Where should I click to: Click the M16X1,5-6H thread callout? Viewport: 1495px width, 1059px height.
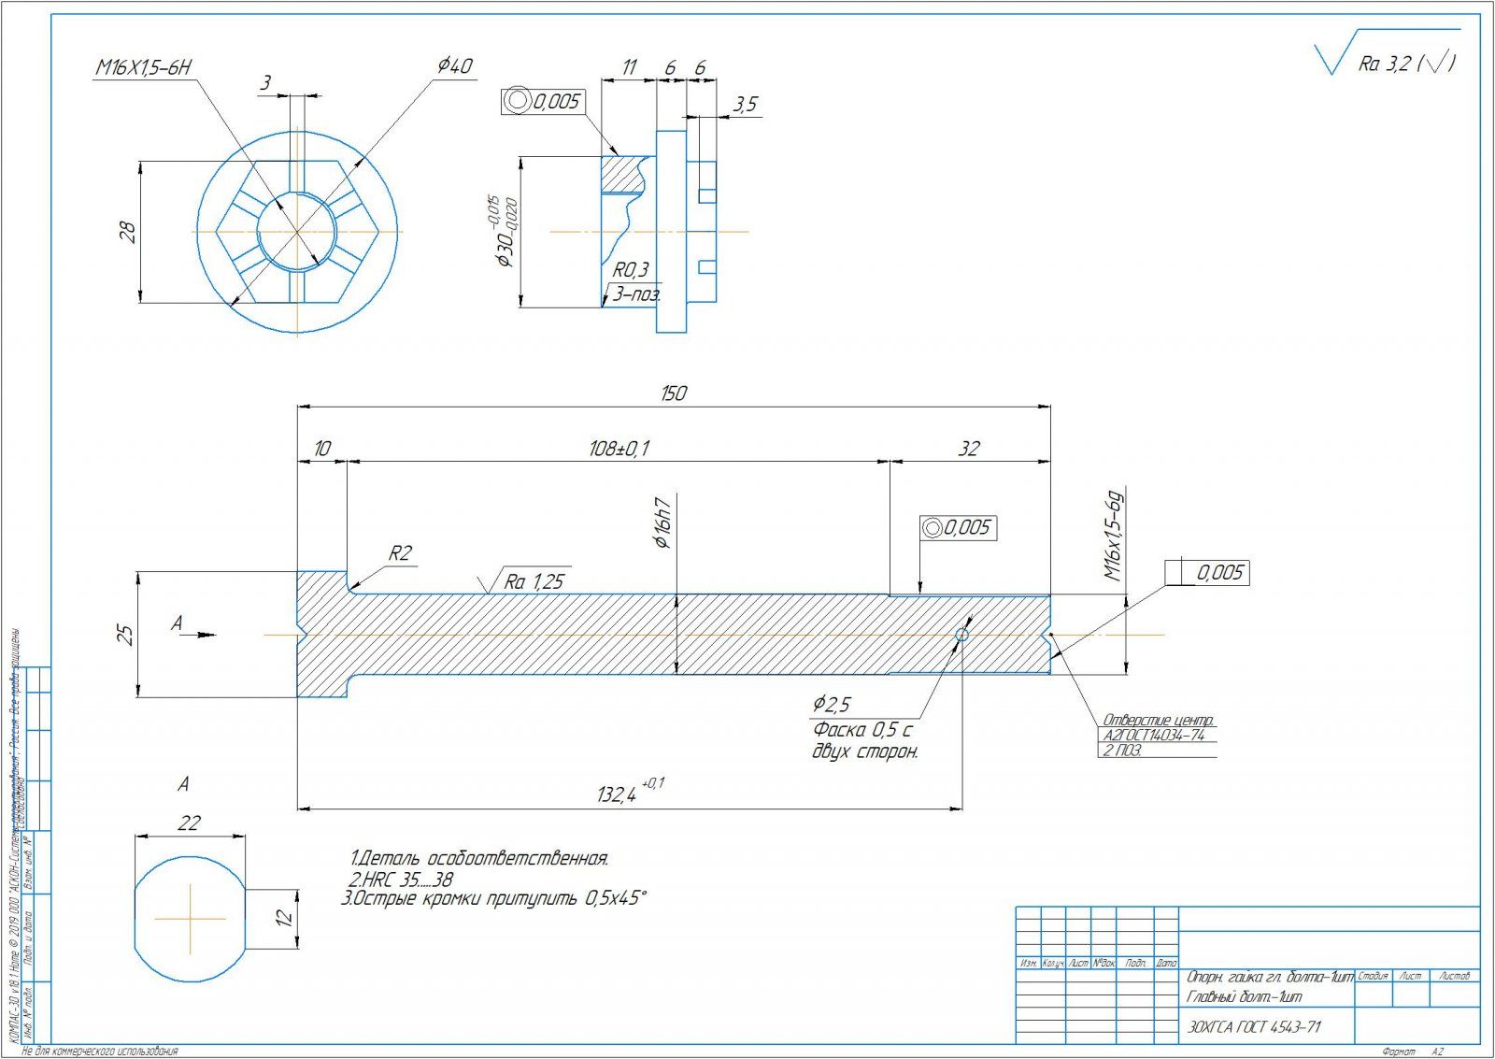144,67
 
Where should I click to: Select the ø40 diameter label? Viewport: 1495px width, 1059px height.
455,65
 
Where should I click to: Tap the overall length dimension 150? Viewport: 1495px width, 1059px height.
673,394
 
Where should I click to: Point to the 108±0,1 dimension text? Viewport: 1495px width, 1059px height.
619,449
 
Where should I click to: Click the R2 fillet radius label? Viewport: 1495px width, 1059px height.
400,553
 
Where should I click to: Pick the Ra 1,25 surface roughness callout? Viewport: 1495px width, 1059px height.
534,582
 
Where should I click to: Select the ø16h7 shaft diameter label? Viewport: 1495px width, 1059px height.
662,522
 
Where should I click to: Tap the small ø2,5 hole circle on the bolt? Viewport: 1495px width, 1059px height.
962,635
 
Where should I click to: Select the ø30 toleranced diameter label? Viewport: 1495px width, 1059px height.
505,233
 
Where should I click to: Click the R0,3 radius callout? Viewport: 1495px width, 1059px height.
631,270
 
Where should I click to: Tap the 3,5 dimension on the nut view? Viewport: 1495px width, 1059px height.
745,105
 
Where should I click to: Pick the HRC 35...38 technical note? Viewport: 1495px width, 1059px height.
401,880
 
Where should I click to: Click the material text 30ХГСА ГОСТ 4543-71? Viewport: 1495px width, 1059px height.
1254,1026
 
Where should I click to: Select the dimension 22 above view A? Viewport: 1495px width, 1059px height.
189,823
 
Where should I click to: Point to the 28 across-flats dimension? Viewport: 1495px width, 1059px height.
128,232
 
